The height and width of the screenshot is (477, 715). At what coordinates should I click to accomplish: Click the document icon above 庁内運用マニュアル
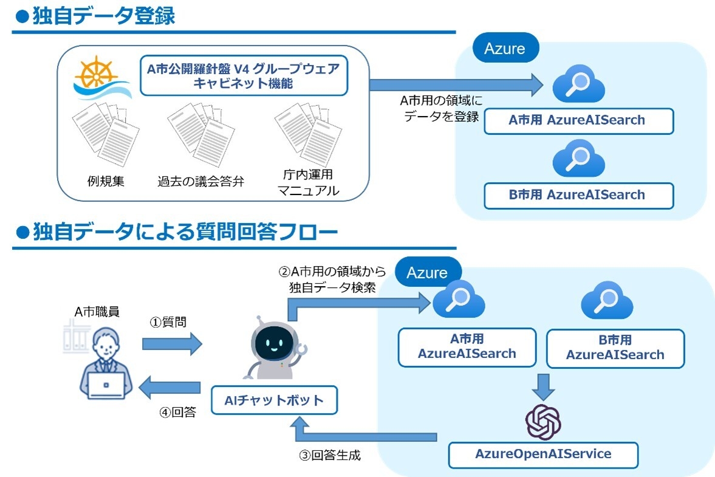tap(307, 132)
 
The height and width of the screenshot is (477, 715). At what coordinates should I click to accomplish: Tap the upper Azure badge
tap(504, 48)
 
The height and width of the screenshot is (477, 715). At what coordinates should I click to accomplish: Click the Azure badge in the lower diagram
tap(427, 273)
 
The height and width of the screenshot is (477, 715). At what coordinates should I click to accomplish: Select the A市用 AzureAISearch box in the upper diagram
tap(578, 120)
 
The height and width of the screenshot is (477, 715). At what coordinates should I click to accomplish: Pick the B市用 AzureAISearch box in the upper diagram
tap(578, 195)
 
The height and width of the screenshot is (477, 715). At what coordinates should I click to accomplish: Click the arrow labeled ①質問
tap(171, 345)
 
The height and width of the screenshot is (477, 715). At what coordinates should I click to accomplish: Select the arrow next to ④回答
tap(171, 387)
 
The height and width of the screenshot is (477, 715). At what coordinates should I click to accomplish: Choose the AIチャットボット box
tap(273, 400)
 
